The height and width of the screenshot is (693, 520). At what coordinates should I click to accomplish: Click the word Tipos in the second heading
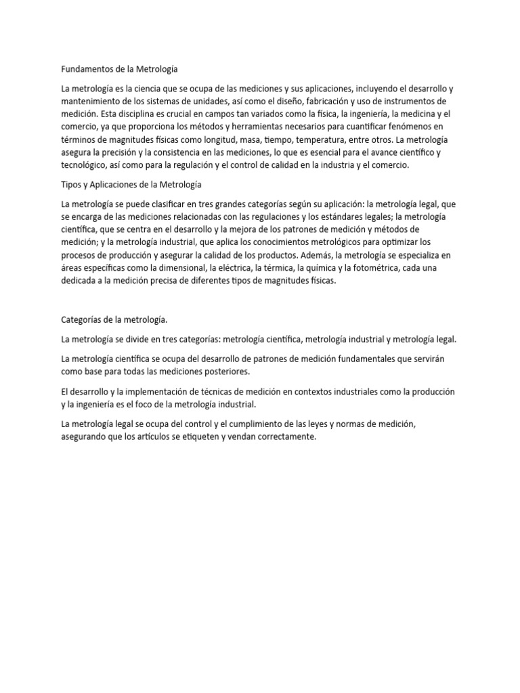coord(72,184)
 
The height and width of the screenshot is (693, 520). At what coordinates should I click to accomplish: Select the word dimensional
coord(199,267)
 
